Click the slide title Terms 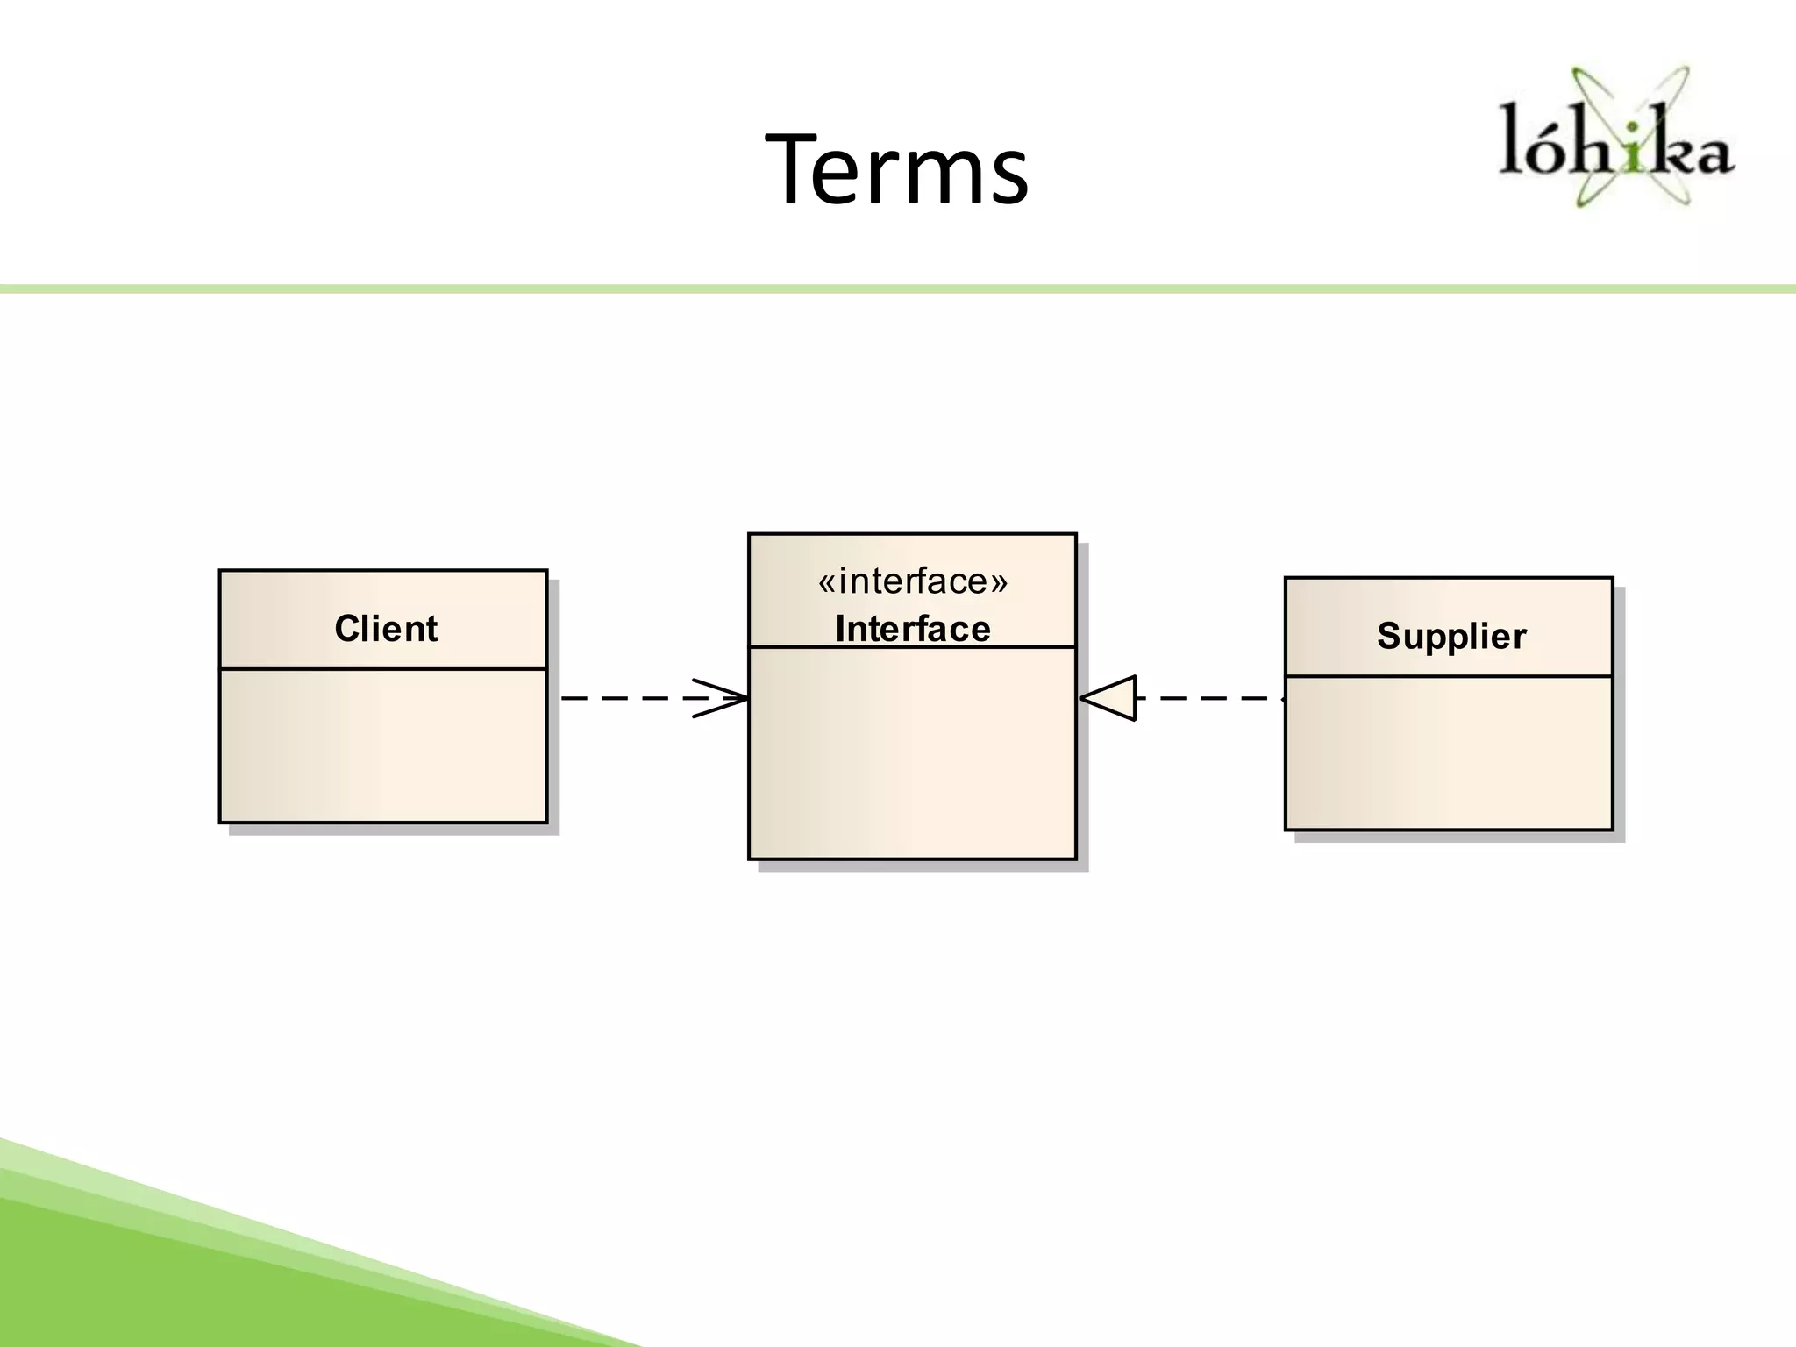pos(896,168)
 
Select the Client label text pos(386,629)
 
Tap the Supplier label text pos(1451,636)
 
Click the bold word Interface pos(913,629)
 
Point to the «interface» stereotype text pos(913,581)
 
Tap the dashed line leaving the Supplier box pos(1210,698)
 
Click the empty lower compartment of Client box pos(383,745)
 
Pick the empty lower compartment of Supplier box pos(1449,752)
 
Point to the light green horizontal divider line pos(898,289)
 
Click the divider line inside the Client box pos(383,669)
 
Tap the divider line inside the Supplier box pos(1449,676)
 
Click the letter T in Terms pos(796,168)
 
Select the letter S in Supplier pos(1389,636)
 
